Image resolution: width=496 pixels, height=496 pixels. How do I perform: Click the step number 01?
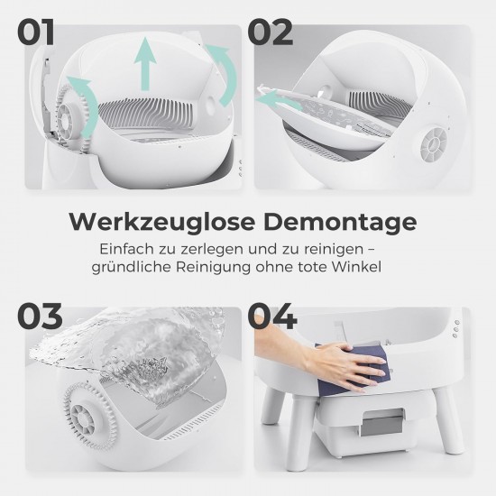click(35, 32)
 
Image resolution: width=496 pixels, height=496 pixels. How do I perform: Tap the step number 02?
click(271, 32)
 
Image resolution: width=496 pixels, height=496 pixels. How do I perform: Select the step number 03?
click(40, 316)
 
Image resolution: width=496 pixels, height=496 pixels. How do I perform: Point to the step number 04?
click(272, 316)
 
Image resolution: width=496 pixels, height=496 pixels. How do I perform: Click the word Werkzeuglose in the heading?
click(162, 222)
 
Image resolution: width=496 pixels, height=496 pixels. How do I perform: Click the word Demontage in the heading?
click(340, 223)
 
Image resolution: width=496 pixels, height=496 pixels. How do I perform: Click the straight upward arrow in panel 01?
click(145, 64)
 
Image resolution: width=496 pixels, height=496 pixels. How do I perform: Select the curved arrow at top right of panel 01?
click(224, 73)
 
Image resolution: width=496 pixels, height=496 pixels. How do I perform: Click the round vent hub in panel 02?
click(434, 144)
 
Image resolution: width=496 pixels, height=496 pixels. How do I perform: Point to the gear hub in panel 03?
click(83, 419)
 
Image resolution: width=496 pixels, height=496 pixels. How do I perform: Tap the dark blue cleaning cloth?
click(354, 370)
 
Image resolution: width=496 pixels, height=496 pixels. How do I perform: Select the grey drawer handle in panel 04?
click(382, 423)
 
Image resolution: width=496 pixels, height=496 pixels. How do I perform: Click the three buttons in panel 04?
click(455, 329)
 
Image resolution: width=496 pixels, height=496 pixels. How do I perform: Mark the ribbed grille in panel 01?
click(145, 111)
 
